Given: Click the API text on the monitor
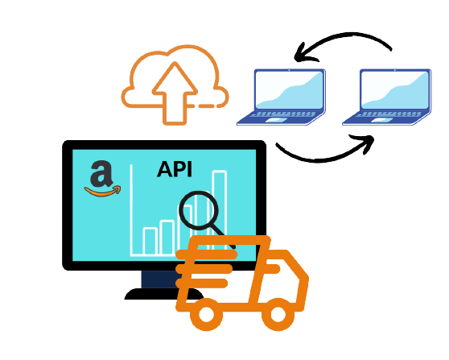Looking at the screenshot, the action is [175, 169].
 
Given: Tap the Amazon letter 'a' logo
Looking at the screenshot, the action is [101, 174].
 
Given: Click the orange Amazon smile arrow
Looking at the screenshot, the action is [102, 191].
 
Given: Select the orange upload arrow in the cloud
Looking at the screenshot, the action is [175, 93].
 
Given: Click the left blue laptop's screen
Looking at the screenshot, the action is [289, 89].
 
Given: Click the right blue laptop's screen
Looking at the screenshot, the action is [395, 89].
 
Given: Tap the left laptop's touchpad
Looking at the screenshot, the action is [276, 120].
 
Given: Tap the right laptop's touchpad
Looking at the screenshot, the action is [382, 120].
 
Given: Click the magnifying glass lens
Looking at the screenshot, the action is [199, 210].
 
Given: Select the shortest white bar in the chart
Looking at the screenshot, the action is [150, 241].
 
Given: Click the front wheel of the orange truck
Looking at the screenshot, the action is [278, 314].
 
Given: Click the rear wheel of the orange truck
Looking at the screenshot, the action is [206, 314].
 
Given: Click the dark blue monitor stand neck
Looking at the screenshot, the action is [160, 279].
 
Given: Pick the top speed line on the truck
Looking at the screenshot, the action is [207, 254].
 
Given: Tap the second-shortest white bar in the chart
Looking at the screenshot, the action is [167, 237].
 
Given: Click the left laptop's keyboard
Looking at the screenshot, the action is [282, 114].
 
